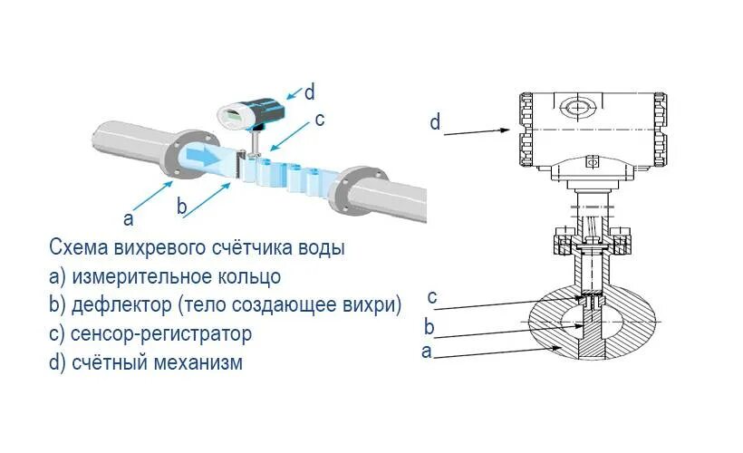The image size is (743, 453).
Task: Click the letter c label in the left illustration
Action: point(319,119)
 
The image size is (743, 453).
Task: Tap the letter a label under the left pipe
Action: point(128,218)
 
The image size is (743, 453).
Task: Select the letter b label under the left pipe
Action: point(181,207)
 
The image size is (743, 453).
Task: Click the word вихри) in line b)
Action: point(373,304)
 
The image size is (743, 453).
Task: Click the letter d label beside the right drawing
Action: point(435,121)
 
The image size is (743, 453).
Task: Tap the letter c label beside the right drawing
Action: point(432,297)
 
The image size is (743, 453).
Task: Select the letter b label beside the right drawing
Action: point(430,327)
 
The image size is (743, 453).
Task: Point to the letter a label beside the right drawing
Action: point(427,352)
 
